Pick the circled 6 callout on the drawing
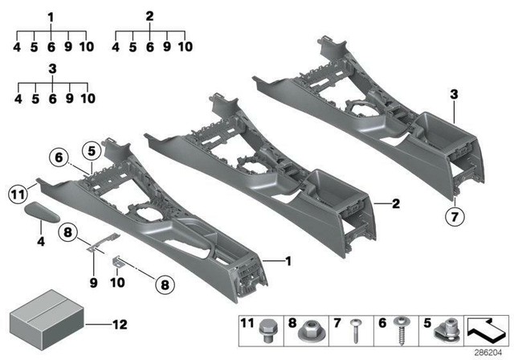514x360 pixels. pyautogui.click(x=58, y=157)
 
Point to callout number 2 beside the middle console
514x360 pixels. pyautogui.click(x=395, y=204)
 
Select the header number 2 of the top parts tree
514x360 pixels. pyautogui.click(x=150, y=17)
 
